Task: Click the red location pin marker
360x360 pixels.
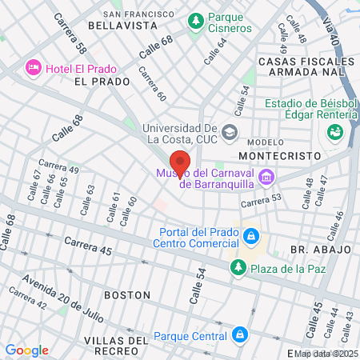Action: pos(180,164)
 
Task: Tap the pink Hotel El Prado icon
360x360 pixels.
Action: pos(34,66)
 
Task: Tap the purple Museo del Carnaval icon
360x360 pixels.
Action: pos(266,176)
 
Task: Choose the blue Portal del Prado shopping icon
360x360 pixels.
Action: pos(251,236)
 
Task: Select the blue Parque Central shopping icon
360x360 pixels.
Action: pos(239,334)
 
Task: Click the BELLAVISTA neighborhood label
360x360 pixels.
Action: pos(122,26)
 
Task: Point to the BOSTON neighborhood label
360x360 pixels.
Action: pos(128,294)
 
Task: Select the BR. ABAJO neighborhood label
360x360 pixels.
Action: pos(310,249)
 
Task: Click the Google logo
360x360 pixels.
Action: pos(26,350)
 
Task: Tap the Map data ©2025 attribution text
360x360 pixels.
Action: pos(326,354)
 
